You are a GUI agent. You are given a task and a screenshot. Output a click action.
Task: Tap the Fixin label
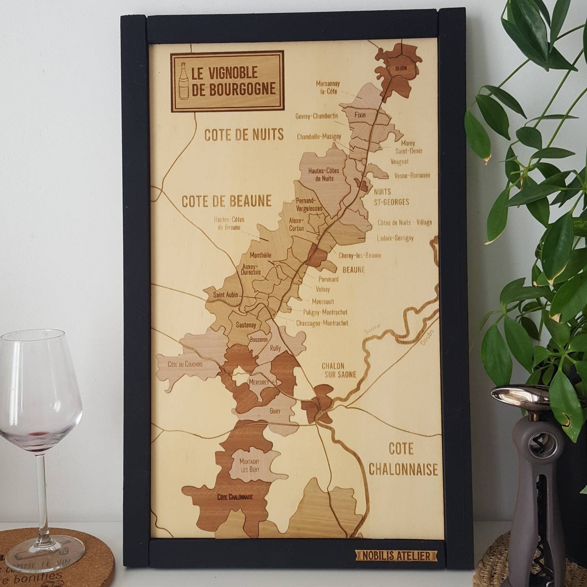pos(360,115)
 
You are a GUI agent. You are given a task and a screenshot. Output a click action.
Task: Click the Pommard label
pos(328,279)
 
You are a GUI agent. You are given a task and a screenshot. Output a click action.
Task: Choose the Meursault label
pos(323,302)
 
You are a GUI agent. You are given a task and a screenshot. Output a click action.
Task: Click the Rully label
pos(275,348)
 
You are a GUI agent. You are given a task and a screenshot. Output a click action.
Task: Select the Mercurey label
pos(259,382)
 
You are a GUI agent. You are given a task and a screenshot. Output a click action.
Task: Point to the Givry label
pos(275,411)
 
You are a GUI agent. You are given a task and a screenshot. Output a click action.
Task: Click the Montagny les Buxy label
pos(250,465)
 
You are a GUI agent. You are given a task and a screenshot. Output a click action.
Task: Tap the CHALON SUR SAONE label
pos(339,370)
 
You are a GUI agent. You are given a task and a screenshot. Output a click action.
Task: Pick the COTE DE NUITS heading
pos(244,135)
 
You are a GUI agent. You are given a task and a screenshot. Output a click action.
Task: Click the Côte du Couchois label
pos(185,364)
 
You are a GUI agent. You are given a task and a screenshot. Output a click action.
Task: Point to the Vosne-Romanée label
pos(409,176)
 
